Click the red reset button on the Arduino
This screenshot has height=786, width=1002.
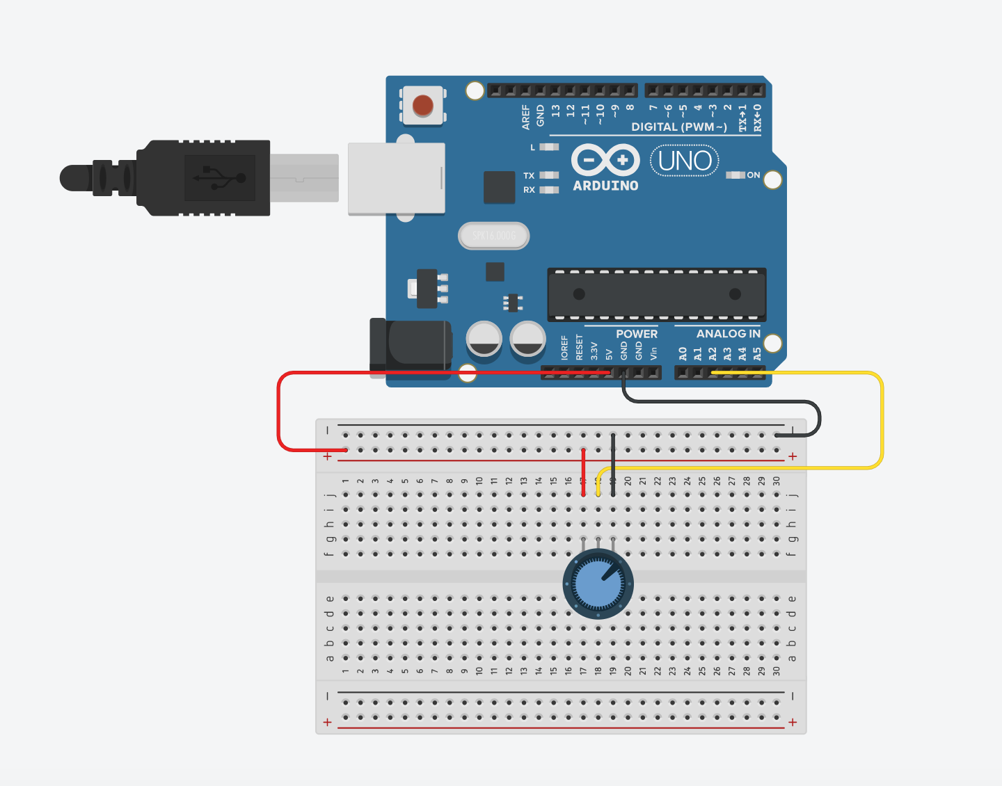pos(423,106)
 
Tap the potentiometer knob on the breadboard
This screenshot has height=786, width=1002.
pos(598,584)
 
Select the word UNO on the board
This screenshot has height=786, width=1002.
pos(685,161)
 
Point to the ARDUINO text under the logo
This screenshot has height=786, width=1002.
pos(605,186)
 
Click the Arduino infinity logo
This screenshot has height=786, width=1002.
pos(605,160)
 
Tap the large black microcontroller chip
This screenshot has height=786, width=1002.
pos(656,294)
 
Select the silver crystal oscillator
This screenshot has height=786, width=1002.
pos(494,236)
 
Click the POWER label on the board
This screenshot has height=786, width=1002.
pos(636,334)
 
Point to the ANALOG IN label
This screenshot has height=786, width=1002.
pos(728,334)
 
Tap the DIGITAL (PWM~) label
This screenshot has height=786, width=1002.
pos(678,127)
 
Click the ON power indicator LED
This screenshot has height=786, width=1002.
pos(735,175)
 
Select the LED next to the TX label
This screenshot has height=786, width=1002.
pos(549,175)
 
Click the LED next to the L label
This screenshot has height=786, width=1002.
pos(549,147)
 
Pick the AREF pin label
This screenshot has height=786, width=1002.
pos(526,117)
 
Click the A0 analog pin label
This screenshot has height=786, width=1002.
pos(683,354)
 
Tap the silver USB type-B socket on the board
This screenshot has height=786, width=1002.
pos(396,179)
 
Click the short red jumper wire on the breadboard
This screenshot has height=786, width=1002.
pos(583,473)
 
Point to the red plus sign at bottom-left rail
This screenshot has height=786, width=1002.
pos(328,722)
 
